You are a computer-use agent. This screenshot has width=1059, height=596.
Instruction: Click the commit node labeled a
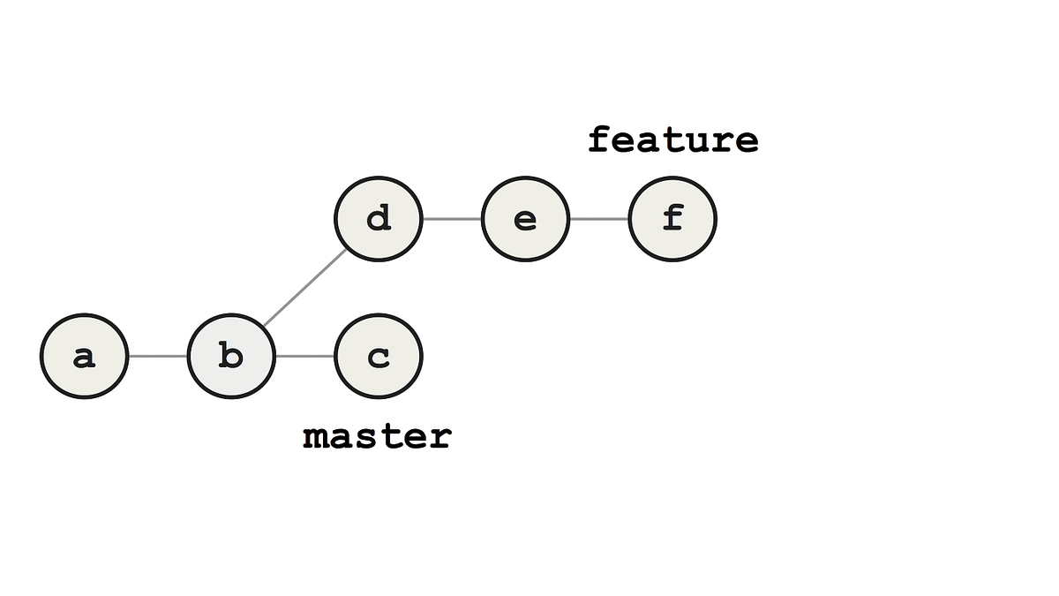[x=85, y=357]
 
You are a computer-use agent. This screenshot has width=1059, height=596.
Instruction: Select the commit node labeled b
[x=231, y=357]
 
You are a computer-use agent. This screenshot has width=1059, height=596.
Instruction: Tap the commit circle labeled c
[x=379, y=357]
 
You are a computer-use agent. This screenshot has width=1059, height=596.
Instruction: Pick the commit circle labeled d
[x=379, y=219]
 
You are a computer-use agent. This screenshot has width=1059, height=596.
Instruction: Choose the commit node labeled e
[x=525, y=219]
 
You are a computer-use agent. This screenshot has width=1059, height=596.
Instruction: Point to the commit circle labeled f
[x=672, y=219]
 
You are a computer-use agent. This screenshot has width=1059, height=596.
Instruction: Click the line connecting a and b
[x=158, y=357]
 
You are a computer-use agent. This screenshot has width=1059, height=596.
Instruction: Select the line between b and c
[x=305, y=357]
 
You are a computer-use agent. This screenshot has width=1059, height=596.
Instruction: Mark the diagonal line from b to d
[x=305, y=288]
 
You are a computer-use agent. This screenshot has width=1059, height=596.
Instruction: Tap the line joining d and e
[x=452, y=219]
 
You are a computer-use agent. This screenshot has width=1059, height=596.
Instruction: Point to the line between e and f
[x=598, y=219]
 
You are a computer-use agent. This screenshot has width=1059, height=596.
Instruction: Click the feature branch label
[x=672, y=140]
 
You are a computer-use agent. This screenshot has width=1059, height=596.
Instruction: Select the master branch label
[x=377, y=436]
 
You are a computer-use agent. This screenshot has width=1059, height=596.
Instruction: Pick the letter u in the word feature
[x=698, y=141]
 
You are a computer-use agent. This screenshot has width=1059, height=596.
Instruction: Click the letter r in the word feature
[x=723, y=141]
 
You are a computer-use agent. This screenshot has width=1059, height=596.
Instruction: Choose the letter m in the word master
[x=314, y=437]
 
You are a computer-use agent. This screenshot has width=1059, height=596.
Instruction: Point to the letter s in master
[x=364, y=437]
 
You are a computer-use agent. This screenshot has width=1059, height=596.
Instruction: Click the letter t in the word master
[x=389, y=436]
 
